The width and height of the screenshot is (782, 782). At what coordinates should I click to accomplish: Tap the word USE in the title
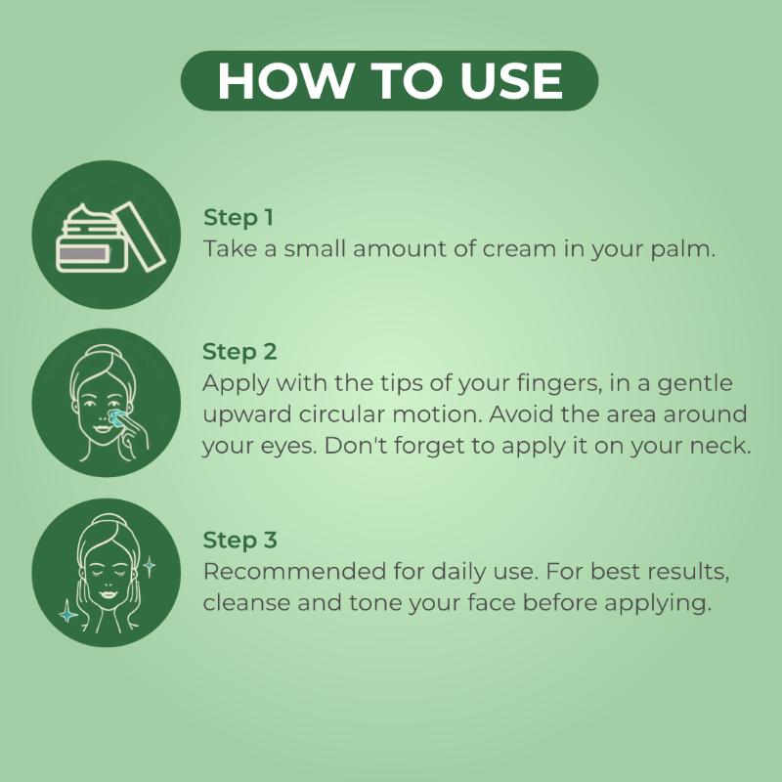click(x=511, y=81)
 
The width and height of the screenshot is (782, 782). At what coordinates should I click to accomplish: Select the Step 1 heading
click(x=239, y=218)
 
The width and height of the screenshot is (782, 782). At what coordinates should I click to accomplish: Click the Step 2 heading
click(x=239, y=352)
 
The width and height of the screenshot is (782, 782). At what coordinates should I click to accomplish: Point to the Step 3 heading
click(x=239, y=541)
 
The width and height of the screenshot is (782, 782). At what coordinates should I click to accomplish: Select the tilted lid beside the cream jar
click(x=139, y=236)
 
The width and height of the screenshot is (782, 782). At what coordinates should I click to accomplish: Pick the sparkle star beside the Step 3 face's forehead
click(x=150, y=567)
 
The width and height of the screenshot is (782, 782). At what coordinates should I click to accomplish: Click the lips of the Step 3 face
click(x=109, y=594)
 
